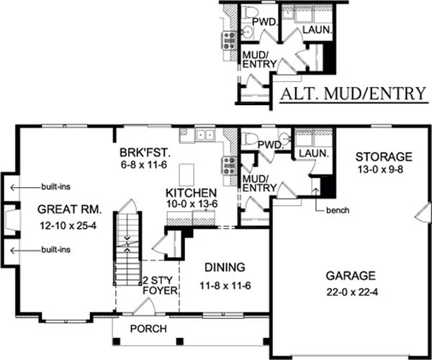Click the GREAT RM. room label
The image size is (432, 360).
[x=69, y=210]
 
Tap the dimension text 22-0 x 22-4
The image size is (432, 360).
[x=352, y=292]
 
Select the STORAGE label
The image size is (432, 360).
[x=384, y=157]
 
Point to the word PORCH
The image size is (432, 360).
[x=148, y=329]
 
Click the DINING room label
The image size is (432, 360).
[x=225, y=267]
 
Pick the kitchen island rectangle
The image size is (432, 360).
[x=186, y=175]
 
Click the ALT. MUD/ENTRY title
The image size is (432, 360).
[x=354, y=94]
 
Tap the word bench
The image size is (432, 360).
[x=338, y=210]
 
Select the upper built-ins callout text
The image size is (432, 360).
[x=56, y=186]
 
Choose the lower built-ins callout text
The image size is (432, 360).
[x=56, y=250]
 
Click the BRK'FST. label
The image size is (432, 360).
[x=145, y=153]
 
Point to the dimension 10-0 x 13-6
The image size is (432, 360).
[x=192, y=204]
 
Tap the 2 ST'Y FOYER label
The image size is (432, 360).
[x=160, y=286]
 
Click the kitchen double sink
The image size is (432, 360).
[x=205, y=135]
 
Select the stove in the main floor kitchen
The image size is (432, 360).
[x=229, y=166]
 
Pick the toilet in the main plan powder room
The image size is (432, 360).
[x=249, y=138]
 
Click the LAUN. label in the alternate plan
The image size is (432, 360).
[x=318, y=30]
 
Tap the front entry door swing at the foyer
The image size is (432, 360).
[x=144, y=307]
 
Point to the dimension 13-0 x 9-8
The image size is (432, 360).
[x=380, y=169]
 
